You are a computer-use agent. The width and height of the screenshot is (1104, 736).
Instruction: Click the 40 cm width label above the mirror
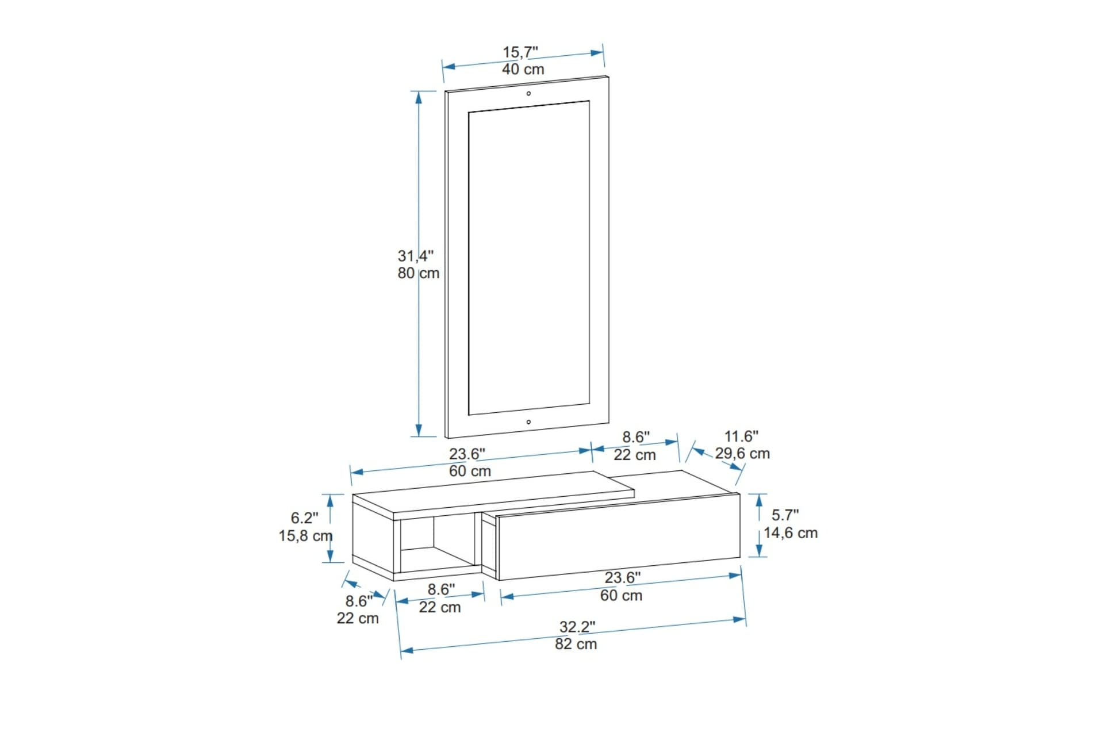click(523, 70)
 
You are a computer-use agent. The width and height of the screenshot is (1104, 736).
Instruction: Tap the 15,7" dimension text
click(520, 52)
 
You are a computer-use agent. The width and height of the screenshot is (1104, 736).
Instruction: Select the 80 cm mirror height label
click(418, 273)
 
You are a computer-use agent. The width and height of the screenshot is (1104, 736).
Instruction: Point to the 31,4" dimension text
click(416, 256)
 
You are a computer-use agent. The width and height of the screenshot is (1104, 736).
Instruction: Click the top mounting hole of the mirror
click(528, 93)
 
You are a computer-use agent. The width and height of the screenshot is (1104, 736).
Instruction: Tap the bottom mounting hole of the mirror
click(528, 422)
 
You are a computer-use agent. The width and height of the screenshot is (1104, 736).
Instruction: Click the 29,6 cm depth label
click(742, 454)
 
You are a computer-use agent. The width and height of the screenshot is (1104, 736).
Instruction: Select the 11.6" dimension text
click(741, 436)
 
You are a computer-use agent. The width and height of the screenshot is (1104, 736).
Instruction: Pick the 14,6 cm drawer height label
click(791, 533)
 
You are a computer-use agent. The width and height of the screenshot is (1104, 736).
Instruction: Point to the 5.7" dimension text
click(785, 515)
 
